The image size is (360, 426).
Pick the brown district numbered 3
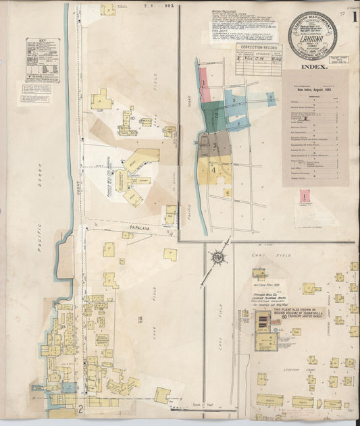(x=215, y=144)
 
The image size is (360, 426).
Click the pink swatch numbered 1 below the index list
(x=305, y=196)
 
